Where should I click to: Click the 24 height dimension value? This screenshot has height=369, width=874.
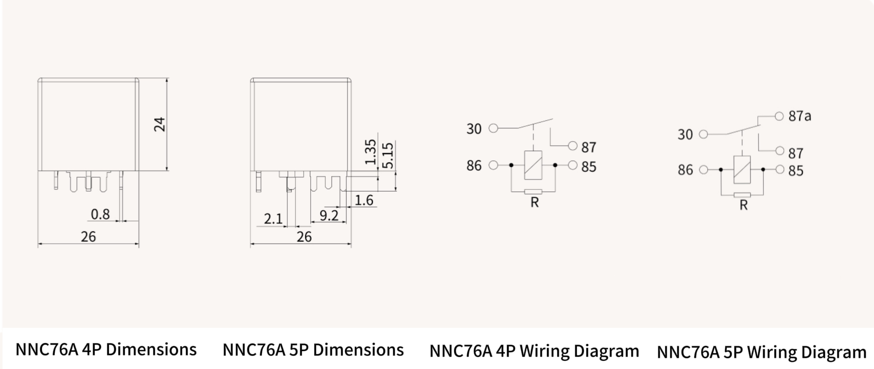click(159, 124)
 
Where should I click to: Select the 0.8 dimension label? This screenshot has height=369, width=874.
click(100, 214)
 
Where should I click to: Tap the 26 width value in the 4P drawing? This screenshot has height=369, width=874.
click(88, 237)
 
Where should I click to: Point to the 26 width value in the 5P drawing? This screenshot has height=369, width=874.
click(304, 237)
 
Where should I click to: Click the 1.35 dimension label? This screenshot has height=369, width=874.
click(371, 152)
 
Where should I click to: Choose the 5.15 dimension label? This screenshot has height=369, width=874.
click(388, 156)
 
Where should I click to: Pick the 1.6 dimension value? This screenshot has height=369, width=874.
click(364, 200)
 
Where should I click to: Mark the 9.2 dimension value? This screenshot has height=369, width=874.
click(329, 215)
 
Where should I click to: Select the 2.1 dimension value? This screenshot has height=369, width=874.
click(273, 219)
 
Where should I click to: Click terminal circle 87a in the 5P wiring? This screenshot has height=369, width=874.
click(779, 116)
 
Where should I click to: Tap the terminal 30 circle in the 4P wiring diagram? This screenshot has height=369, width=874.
click(493, 128)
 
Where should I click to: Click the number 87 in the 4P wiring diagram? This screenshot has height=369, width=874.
click(589, 147)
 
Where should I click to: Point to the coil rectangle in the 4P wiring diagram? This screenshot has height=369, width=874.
click(533, 165)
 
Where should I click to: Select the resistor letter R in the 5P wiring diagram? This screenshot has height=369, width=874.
click(743, 205)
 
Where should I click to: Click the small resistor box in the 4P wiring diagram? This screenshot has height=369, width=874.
click(533, 191)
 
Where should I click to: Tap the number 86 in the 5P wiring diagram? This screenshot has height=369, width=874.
click(685, 170)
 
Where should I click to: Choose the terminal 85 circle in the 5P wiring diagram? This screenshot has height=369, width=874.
click(780, 169)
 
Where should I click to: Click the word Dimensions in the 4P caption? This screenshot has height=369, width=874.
click(151, 349)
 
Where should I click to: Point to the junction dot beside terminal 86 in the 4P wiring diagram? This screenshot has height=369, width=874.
click(511, 165)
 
